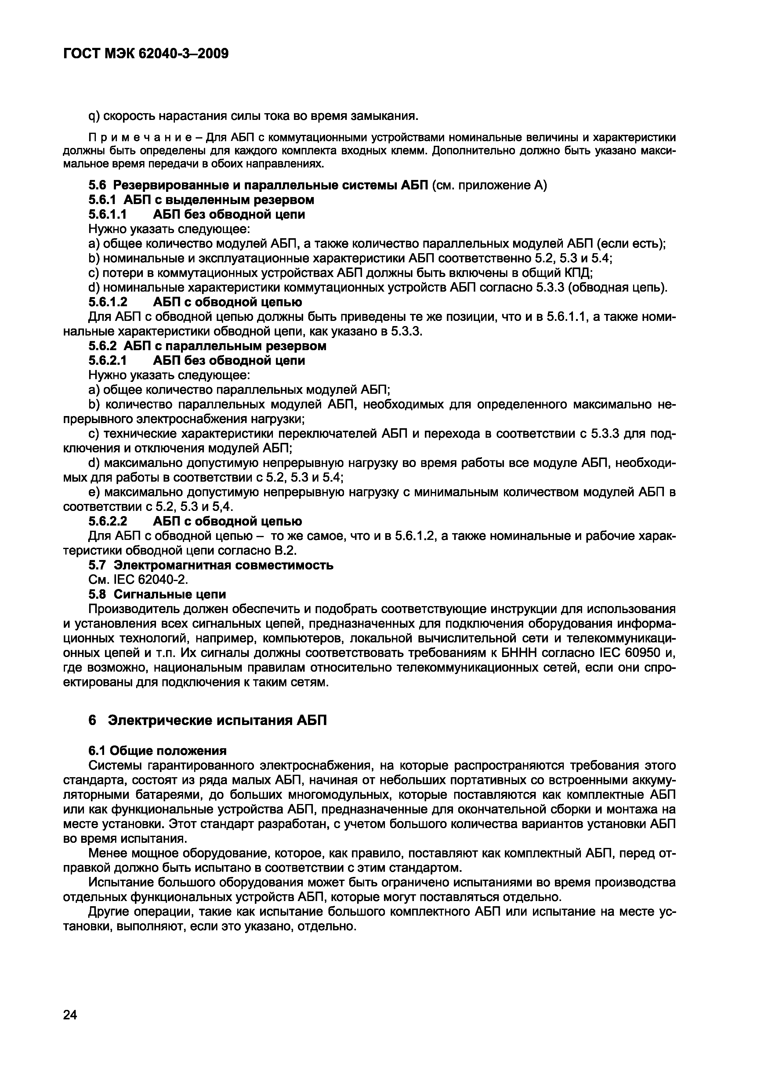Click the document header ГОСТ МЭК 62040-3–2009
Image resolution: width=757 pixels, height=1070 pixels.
146,54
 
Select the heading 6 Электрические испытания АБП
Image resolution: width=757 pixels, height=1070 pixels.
208,720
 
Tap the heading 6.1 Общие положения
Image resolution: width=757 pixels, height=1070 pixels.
158,751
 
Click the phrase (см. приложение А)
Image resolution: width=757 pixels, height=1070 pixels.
489,185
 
